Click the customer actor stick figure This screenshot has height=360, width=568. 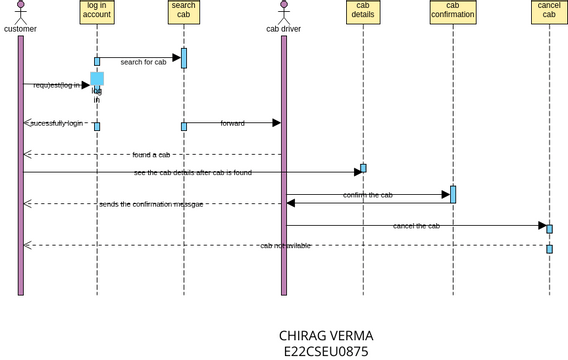coord(20,12)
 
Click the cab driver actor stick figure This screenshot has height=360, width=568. coord(283,12)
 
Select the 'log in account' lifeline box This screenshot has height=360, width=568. coord(97,12)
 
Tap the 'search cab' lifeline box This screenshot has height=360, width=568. coord(183,12)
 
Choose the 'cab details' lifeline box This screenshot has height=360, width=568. coord(363,12)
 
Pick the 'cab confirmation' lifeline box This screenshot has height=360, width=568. coord(452,12)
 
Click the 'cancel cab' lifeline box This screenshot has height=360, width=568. coord(549,12)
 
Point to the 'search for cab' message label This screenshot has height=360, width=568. coord(143,62)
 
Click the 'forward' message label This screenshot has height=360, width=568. coord(232,123)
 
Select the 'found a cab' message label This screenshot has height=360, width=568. coord(151,155)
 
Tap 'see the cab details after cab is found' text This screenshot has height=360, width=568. coord(193,173)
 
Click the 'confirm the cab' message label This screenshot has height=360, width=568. coord(368,195)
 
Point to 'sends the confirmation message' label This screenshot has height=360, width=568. coord(151,204)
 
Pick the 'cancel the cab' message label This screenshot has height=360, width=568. coord(416,226)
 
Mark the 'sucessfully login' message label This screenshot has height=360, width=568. coord(56,123)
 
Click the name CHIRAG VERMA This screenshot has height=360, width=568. coord(326,336)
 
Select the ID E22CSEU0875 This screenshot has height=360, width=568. coord(326,351)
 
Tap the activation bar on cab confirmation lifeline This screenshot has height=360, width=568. coord(453,194)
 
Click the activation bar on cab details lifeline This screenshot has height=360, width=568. coord(363,168)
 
